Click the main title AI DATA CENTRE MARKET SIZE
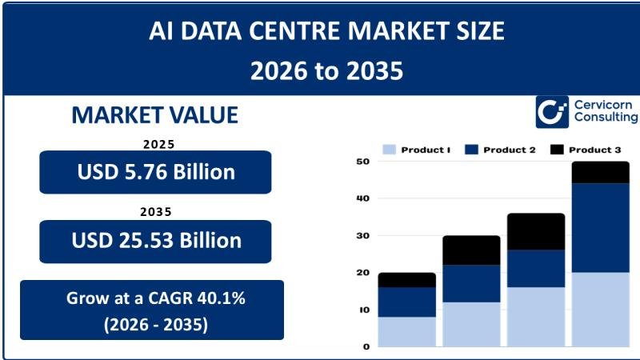coord(326,31)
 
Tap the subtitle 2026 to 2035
coord(326,70)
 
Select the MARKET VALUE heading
coord(154,115)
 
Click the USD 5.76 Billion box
coord(155,172)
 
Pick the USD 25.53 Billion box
coord(155,241)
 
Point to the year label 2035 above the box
coord(155,213)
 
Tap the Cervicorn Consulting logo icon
coord(551,112)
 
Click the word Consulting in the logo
coord(606,118)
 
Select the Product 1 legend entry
coord(417,150)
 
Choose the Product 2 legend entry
coord(500,150)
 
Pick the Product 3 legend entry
coord(585,150)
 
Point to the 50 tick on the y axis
coord(362,162)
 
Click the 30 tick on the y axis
coord(362,236)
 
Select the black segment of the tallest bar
coord(600,172)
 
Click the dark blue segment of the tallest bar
coord(600,227)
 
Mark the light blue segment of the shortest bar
coord(406,331)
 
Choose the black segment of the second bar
coord(471,250)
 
